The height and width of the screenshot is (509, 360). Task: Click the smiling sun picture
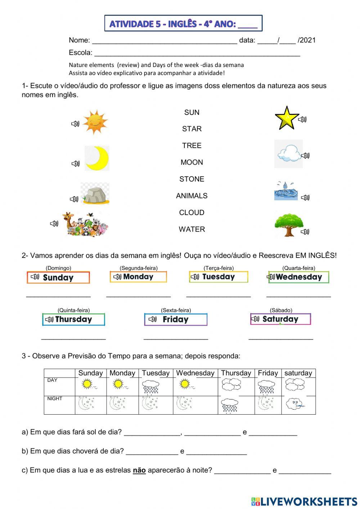pyautogui.click(x=95, y=122)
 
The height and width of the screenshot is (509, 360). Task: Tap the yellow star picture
pyautogui.click(x=287, y=118)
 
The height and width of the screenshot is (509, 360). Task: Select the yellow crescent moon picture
pyautogui.click(x=97, y=158)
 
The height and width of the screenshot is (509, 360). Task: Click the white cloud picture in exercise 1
pyautogui.click(x=289, y=154)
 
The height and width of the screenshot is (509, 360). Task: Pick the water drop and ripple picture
pyautogui.click(x=286, y=191)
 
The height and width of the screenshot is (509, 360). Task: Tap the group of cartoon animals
pyautogui.click(x=85, y=224)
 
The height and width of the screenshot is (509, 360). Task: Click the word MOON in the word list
pyautogui.click(x=192, y=162)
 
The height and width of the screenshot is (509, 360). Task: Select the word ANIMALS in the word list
pyautogui.click(x=192, y=196)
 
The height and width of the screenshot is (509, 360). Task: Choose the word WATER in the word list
pyautogui.click(x=192, y=229)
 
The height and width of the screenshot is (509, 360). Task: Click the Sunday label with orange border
pyautogui.click(x=58, y=277)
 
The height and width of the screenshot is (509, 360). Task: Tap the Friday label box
pyautogui.click(x=176, y=320)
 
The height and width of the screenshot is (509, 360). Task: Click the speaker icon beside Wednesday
pyautogui.click(x=271, y=277)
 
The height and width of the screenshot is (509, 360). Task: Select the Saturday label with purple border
pyautogui.click(x=280, y=319)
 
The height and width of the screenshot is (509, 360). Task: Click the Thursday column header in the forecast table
pyautogui.click(x=236, y=373)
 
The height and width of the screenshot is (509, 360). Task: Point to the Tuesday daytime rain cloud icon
pyautogui.click(x=150, y=387)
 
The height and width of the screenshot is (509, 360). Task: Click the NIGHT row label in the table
pyautogui.click(x=55, y=398)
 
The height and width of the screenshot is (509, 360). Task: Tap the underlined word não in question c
pyautogui.click(x=139, y=470)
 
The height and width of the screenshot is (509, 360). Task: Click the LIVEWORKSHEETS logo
pyautogui.click(x=304, y=501)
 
